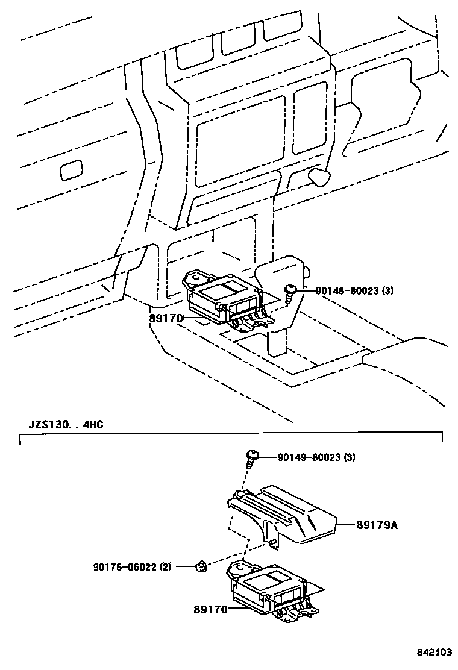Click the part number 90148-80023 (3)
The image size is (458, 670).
[x=354, y=290]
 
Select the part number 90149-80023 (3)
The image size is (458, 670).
[x=316, y=457]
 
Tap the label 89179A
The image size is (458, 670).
[x=377, y=525]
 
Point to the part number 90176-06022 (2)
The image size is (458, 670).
[x=132, y=566]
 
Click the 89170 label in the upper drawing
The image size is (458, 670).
[x=166, y=318]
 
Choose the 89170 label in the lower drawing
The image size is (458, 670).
[x=210, y=610]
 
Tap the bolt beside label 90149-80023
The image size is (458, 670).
[x=252, y=459]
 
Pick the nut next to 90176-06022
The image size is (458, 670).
[x=201, y=566]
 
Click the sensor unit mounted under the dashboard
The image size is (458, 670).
[x=223, y=301]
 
